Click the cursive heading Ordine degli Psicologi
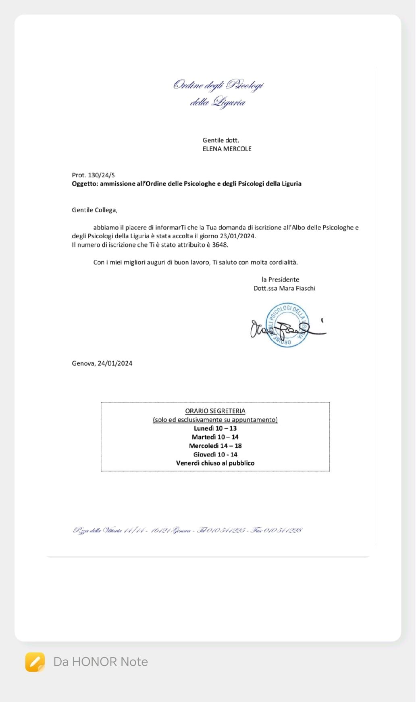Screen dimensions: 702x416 [x=218, y=85]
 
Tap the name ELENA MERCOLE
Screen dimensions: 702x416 [x=227, y=149]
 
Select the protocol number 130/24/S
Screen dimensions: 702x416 [x=101, y=175]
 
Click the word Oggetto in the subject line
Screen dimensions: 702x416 [x=84, y=184]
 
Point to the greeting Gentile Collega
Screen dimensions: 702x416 [x=94, y=210]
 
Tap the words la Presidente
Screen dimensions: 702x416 [x=280, y=279]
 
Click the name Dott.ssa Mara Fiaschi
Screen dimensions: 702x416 [x=284, y=288]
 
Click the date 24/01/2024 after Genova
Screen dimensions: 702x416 [x=115, y=363]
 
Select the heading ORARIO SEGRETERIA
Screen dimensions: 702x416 [x=215, y=411]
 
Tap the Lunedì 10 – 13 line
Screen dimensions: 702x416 [x=215, y=428]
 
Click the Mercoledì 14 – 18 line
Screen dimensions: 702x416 [x=215, y=446]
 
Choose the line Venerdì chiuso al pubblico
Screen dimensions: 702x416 [x=215, y=463]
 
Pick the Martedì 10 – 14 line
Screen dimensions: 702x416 [x=215, y=437]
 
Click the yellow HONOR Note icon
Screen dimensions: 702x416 [x=35, y=662]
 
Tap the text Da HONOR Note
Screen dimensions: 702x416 [x=101, y=662]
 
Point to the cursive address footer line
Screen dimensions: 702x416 [x=187, y=530]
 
